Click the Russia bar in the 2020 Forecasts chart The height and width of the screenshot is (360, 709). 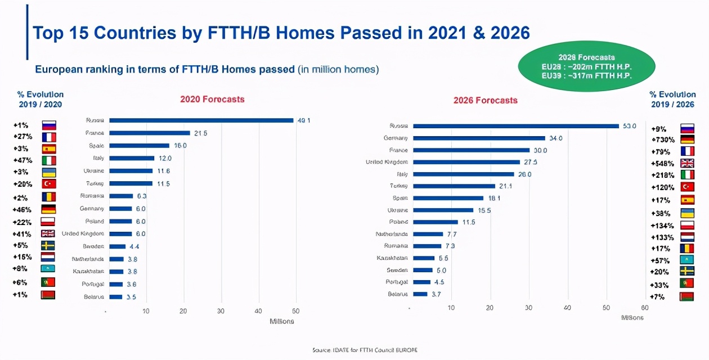[201, 120]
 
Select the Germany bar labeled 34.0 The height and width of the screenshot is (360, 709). [479, 138]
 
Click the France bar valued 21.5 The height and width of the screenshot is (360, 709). [150, 133]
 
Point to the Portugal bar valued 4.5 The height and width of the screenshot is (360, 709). [421, 282]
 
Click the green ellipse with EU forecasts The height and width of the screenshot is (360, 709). [586, 66]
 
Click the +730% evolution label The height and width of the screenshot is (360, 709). [662, 139]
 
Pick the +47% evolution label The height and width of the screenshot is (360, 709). [23, 160]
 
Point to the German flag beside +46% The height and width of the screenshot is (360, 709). [48, 209]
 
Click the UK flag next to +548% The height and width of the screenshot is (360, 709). [687, 163]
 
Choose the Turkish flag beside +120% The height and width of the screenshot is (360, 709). [687, 187]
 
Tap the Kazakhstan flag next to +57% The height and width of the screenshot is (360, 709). [687, 260]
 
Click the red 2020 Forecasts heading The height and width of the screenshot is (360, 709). [212, 99]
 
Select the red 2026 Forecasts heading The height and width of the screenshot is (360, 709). [485, 100]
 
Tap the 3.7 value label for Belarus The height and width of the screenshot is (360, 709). [436, 294]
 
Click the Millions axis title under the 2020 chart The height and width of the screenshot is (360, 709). [282, 321]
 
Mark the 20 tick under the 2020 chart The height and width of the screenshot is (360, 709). [183, 311]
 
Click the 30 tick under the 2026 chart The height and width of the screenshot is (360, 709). [528, 308]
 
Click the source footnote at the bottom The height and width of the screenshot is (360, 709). [365, 350]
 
